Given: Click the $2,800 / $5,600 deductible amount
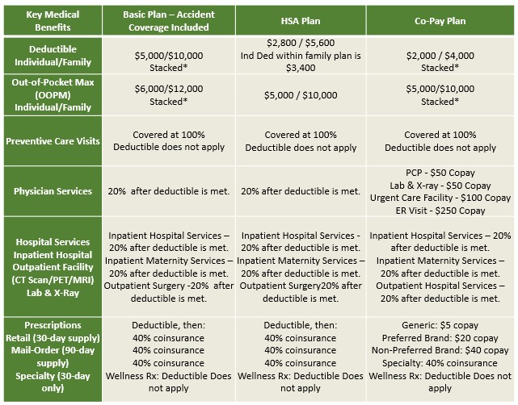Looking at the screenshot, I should click(x=301, y=43).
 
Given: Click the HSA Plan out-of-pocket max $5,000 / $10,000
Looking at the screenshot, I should click(x=301, y=95).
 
